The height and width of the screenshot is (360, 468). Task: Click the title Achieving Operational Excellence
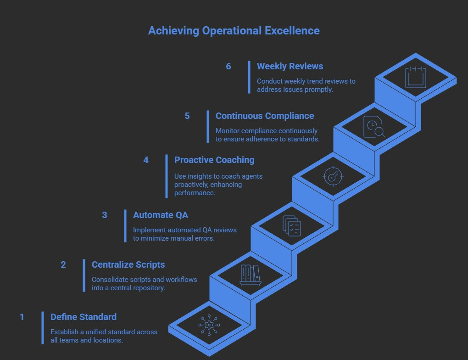coord(234,31)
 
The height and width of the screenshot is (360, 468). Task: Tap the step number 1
coord(22,317)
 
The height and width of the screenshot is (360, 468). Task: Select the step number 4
coord(146,160)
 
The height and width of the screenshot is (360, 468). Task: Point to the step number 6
coord(228,66)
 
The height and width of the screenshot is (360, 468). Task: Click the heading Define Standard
coord(84,317)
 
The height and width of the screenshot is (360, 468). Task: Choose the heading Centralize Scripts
coord(128,264)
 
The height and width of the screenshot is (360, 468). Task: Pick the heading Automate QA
coord(160,215)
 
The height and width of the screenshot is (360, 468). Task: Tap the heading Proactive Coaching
coord(214,160)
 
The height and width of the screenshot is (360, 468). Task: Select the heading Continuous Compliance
coord(265,116)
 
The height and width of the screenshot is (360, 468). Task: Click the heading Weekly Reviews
coord(290,66)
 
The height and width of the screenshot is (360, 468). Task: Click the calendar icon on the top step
coord(416,77)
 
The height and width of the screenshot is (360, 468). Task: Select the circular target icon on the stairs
coord(333,176)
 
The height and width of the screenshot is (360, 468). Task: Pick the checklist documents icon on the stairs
coord(292,226)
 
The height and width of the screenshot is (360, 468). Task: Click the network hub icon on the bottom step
coord(209,325)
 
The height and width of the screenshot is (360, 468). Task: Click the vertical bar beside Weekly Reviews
coord(249,77)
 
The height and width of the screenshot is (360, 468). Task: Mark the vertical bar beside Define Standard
coord(43,327)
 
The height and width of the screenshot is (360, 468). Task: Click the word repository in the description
coord(148,288)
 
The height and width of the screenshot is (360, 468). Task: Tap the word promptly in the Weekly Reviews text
coord(318,90)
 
